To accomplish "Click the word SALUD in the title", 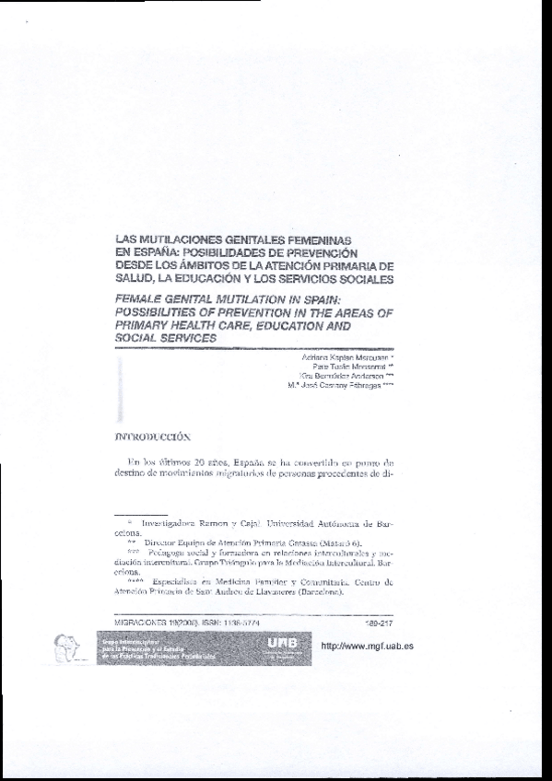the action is pos(135,278).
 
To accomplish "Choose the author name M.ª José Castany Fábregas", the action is pos(347,386).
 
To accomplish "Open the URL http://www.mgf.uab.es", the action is pos(366,646).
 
